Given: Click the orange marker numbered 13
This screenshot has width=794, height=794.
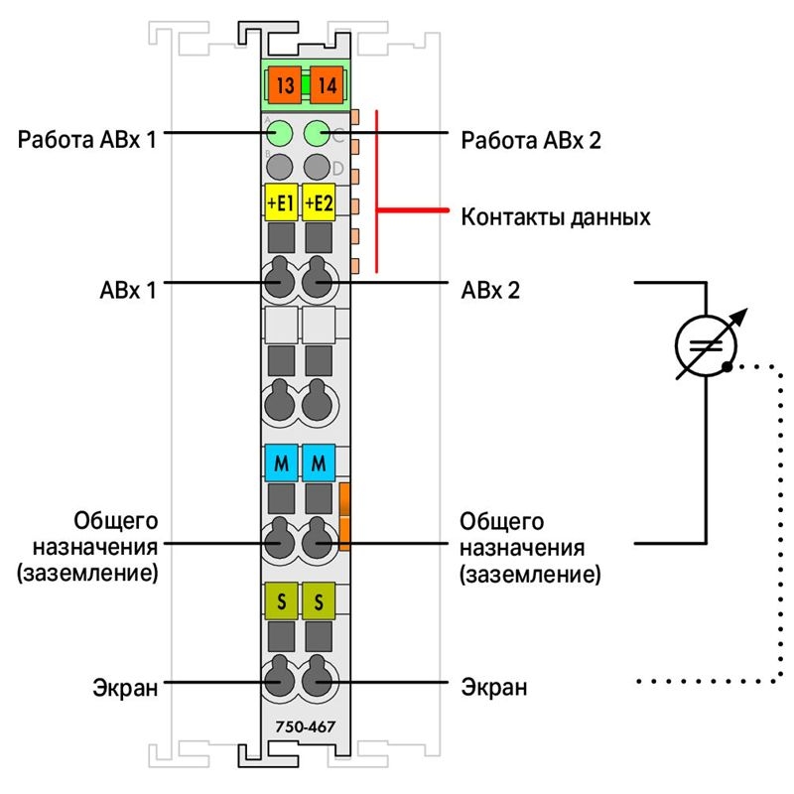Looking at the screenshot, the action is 284,84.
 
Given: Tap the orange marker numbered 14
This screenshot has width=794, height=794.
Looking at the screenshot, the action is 327,84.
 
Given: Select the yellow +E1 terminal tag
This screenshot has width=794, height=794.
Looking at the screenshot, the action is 281,202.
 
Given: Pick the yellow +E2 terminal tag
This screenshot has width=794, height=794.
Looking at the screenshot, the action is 319,202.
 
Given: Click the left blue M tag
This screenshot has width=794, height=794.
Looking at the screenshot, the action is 281,463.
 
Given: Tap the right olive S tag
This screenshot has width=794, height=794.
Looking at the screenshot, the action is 319,601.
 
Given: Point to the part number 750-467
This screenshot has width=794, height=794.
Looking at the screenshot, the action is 306,727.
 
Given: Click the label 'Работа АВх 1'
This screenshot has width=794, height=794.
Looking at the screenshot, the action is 87,139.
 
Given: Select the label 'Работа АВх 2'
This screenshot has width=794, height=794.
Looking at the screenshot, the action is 531,140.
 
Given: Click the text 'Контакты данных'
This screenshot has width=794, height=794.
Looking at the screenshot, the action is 556,217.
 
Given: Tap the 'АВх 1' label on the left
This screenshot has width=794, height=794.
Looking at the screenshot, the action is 128,290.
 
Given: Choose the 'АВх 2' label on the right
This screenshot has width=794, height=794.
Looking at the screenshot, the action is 490,290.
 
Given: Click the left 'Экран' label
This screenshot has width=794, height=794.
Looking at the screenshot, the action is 125,688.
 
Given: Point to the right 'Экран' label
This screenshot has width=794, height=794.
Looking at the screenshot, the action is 493,687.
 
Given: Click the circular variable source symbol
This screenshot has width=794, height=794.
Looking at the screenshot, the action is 707,316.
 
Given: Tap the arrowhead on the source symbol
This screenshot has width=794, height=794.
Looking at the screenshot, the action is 740,316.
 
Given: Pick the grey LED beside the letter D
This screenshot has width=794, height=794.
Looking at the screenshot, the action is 317,167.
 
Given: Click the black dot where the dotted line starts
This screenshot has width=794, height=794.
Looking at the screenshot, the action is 727,366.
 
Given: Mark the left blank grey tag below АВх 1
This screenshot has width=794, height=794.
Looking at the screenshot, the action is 281,324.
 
